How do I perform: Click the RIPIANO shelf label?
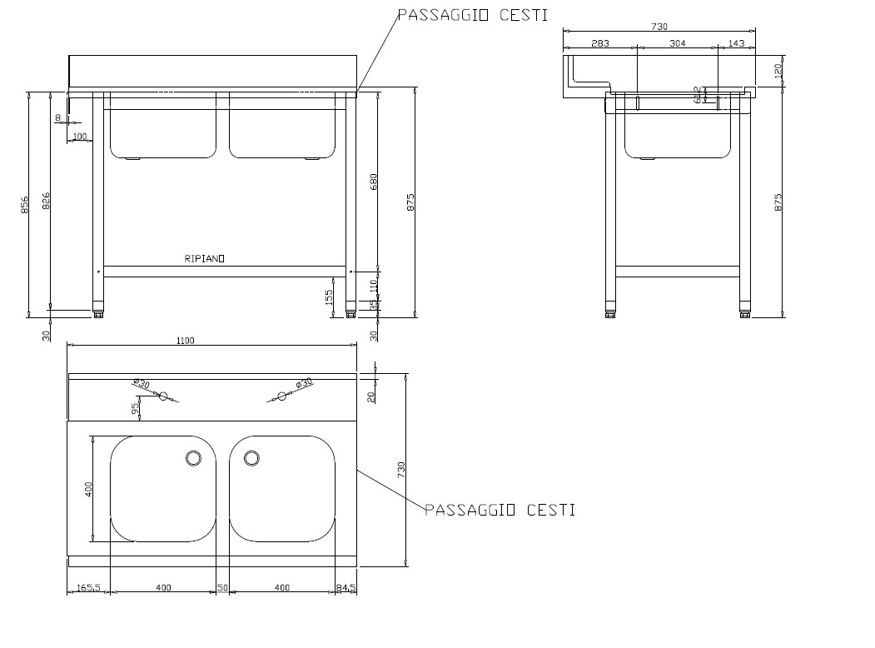(x=204, y=259)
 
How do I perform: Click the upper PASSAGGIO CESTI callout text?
(x=471, y=15)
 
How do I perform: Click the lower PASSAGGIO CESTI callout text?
(x=500, y=510)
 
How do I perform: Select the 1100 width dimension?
(x=185, y=340)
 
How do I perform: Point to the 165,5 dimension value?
(x=88, y=588)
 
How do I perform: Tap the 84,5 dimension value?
(x=346, y=588)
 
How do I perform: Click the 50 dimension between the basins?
(x=222, y=588)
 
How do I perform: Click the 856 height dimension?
(x=24, y=204)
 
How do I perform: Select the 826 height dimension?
(x=46, y=201)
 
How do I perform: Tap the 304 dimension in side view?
(x=677, y=43)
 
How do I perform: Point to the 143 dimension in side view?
(x=736, y=43)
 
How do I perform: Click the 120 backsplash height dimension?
(x=778, y=70)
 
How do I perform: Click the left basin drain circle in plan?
(x=193, y=457)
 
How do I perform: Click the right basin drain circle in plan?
(x=251, y=457)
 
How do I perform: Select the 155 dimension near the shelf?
(x=329, y=297)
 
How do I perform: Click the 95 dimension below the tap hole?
(x=135, y=408)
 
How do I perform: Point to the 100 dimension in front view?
(x=80, y=136)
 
